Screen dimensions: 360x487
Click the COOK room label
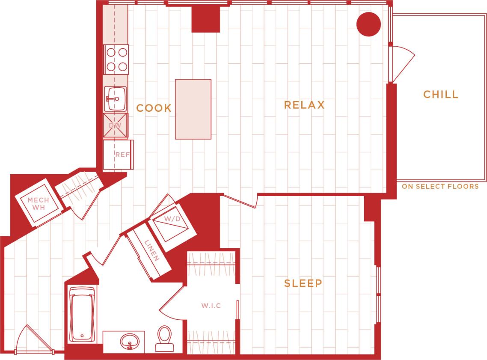[154, 108]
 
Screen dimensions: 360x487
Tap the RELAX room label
[304, 105]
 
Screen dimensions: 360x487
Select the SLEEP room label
[303, 283]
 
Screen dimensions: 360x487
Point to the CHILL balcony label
[441, 95]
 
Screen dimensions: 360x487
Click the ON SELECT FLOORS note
[440, 187]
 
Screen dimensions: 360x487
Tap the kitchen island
[193, 109]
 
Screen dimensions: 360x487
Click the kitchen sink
[115, 98]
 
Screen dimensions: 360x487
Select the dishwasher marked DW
[116, 126]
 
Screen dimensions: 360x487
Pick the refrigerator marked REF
[119, 155]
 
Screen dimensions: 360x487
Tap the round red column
[368, 24]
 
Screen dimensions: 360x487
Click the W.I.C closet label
[211, 306]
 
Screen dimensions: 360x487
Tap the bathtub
[83, 314]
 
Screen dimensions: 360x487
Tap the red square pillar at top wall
[205, 20]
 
